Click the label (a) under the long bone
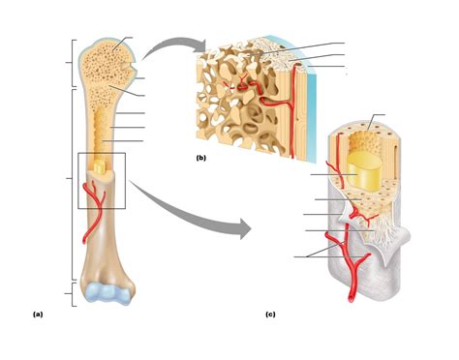tap(38, 315)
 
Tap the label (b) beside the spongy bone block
tap(200, 158)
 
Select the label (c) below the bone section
tap(270, 315)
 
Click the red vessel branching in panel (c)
tap(341, 254)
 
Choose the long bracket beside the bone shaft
tap(71, 179)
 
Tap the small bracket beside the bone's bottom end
tap(71, 293)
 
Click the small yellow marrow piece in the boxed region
tap(99, 167)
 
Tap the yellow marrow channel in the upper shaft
tap(100, 126)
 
